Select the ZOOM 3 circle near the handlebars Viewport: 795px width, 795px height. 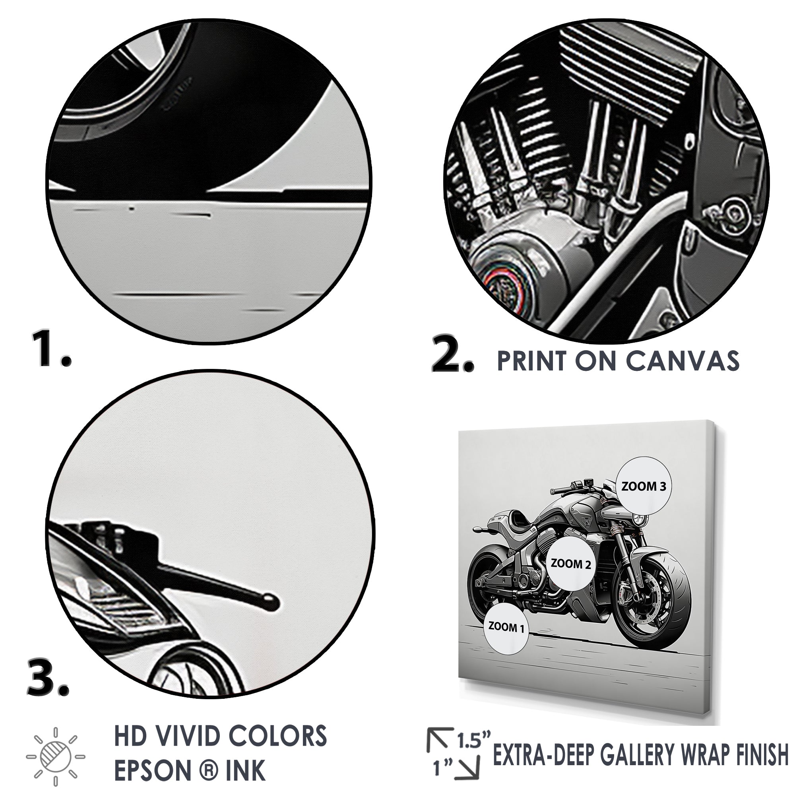pos(643,487)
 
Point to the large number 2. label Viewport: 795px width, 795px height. pos(453,355)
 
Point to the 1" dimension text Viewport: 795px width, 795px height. pos(442,768)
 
